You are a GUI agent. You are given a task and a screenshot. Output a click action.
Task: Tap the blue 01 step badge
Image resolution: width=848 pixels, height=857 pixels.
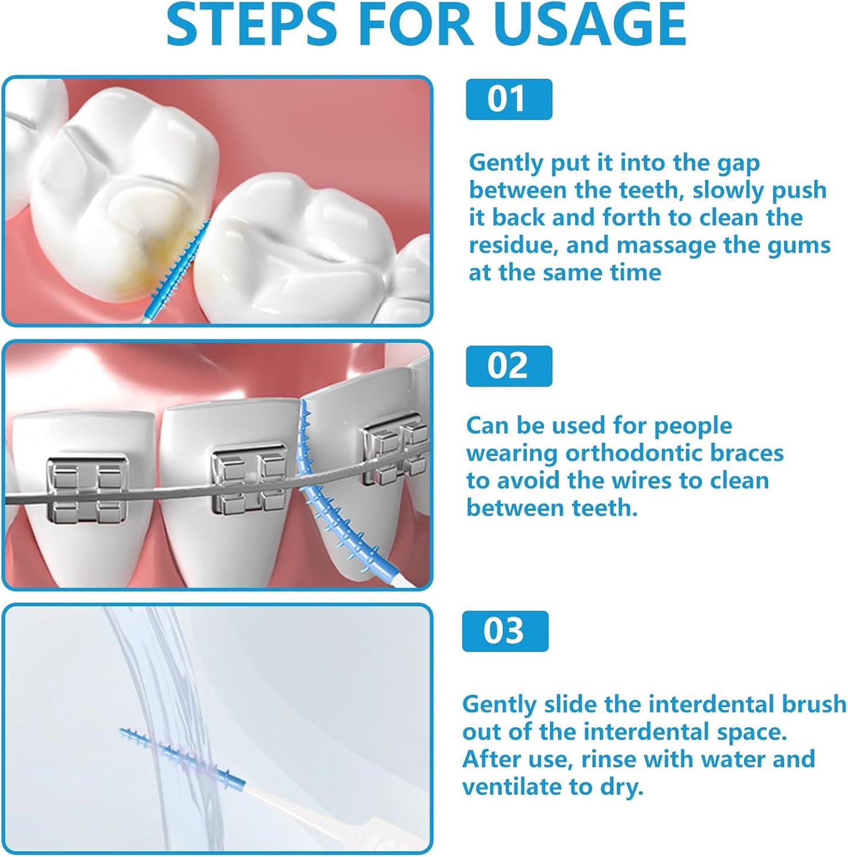508,99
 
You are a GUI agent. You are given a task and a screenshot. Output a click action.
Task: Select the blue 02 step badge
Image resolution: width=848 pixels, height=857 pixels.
508,366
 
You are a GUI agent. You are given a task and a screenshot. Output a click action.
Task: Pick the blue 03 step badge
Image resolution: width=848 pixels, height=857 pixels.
505,631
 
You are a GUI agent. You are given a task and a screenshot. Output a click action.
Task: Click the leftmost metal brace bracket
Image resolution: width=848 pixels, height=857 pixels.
87,490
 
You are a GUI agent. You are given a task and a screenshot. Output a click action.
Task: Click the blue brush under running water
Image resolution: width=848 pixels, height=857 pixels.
182,758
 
